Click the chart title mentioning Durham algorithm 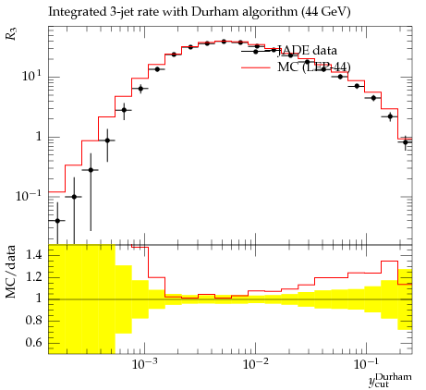(200, 12)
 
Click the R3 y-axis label (12, 34)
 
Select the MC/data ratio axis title (11, 272)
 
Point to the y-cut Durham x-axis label (390, 379)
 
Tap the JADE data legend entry (307, 51)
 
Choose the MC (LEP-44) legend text (314, 67)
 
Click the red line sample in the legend (256, 67)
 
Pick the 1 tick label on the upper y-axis (39, 136)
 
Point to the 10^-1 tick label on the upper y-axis (29, 195)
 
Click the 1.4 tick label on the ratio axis (34, 255)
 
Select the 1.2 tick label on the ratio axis (34, 277)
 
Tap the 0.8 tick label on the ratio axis (34, 321)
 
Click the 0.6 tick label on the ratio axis (34, 342)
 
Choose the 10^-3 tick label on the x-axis (144, 364)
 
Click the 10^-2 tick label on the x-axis (255, 364)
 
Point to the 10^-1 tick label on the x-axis (366, 364)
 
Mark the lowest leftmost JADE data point (57, 221)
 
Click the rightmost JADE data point (406, 142)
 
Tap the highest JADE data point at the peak (224, 42)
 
